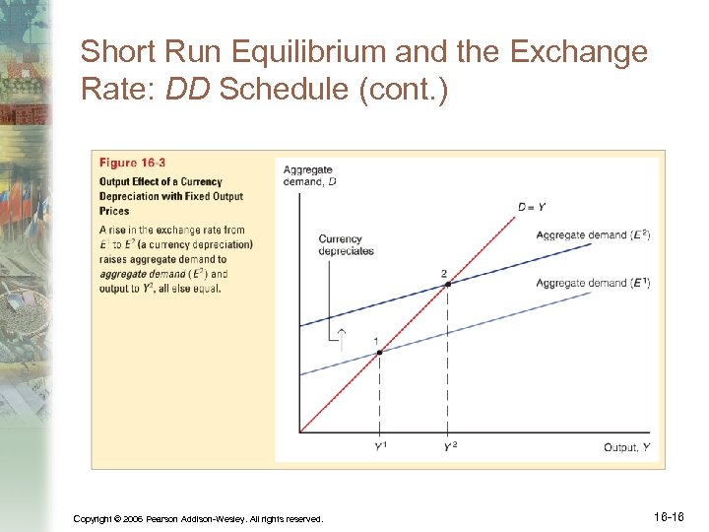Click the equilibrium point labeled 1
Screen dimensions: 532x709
[x=380, y=352]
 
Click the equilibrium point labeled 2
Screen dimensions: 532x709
[x=448, y=284]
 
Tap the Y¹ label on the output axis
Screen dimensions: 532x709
[x=380, y=447]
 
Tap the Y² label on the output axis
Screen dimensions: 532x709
[x=449, y=447]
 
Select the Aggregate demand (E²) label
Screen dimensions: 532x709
[x=593, y=234]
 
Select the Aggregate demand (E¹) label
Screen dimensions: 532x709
[x=593, y=283]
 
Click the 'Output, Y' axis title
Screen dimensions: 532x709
[x=626, y=447]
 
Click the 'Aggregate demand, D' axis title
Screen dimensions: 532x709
[x=310, y=174]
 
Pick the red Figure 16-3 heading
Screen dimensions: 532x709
[x=132, y=163]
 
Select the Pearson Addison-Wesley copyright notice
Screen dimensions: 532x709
[x=198, y=518]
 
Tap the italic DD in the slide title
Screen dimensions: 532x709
[x=189, y=91]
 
